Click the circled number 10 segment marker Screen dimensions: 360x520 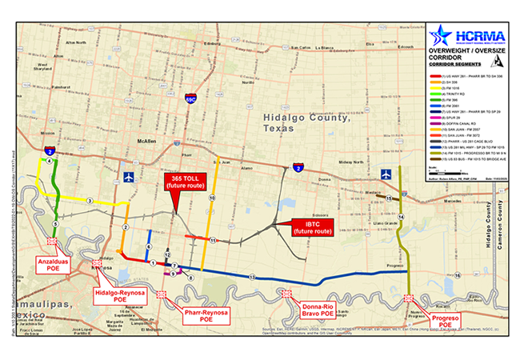pyautogui.click(x=212, y=196)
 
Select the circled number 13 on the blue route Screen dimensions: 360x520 pyautogui.click(x=251, y=276)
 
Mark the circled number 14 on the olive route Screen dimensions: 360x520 pyautogui.click(x=402, y=218)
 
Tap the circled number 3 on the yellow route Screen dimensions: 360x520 pyautogui.click(x=90, y=201)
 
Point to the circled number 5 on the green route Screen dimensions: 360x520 pyautogui.click(x=54, y=223)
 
